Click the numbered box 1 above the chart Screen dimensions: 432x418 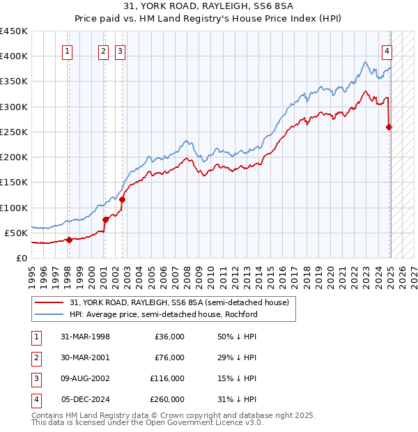click(x=68, y=50)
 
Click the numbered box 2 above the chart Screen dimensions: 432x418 click(x=103, y=50)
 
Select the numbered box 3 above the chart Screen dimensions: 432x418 click(x=120, y=50)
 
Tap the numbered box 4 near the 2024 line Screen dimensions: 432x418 click(x=386, y=50)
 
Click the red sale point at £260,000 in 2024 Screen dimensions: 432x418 click(x=389, y=127)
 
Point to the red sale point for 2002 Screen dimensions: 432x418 click(x=122, y=199)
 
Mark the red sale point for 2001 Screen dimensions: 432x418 click(x=105, y=219)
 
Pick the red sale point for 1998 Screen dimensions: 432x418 click(x=69, y=240)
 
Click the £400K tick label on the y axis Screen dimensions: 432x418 click(x=14, y=56)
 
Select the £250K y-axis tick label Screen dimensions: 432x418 click(x=14, y=132)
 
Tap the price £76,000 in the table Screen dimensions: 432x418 click(x=169, y=357)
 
